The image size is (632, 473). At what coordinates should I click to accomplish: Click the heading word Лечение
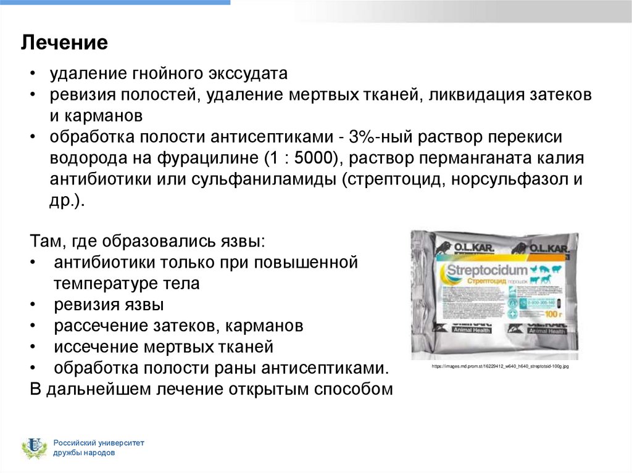pyautogui.click(x=65, y=43)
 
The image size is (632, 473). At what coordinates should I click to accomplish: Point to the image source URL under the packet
pyautogui.click(x=500, y=366)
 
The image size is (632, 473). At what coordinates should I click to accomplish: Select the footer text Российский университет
pyautogui.click(x=98, y=443)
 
